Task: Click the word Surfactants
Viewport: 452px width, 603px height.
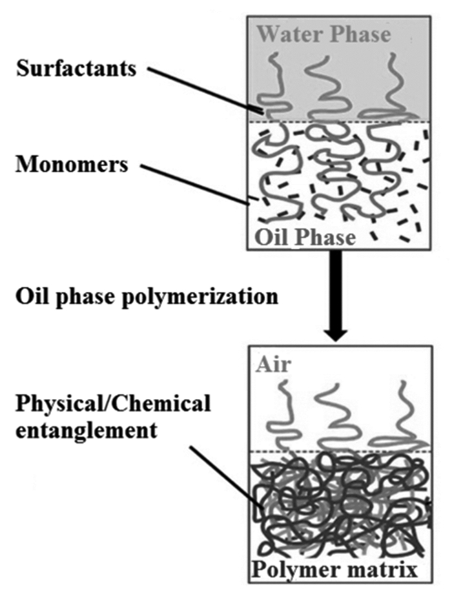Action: (76, 69)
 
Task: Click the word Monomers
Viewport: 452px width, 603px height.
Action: (72, 165)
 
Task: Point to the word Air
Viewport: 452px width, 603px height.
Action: (273, 363)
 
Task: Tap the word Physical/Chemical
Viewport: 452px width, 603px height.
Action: (113, 404)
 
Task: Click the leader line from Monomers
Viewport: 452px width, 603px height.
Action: (194, 184)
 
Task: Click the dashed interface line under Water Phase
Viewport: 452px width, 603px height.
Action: (338, 122)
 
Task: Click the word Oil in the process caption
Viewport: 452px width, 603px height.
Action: (32, 297)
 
